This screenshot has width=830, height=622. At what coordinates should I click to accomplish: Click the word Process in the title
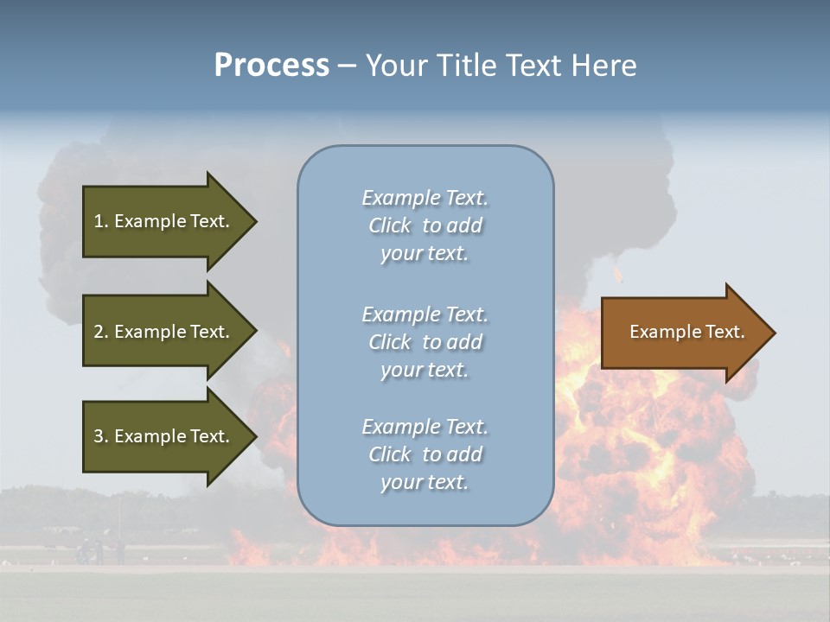click(271, 66)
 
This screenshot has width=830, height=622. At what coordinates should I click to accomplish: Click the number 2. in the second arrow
click(101, 332)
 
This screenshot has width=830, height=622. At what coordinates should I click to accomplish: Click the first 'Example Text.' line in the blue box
click(425, 198)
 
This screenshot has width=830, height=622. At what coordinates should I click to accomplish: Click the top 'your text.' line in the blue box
click(425, 254)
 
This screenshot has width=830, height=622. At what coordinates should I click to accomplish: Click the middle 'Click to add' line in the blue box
click(425, 342)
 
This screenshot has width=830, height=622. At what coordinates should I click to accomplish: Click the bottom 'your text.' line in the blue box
click(425, 482)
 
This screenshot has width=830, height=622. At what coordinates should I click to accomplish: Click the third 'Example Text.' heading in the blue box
click(425, 427)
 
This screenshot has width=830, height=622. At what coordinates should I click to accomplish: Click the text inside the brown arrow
click(686, 332)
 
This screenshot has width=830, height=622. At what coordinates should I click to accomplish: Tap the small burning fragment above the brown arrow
click(616, 274)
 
